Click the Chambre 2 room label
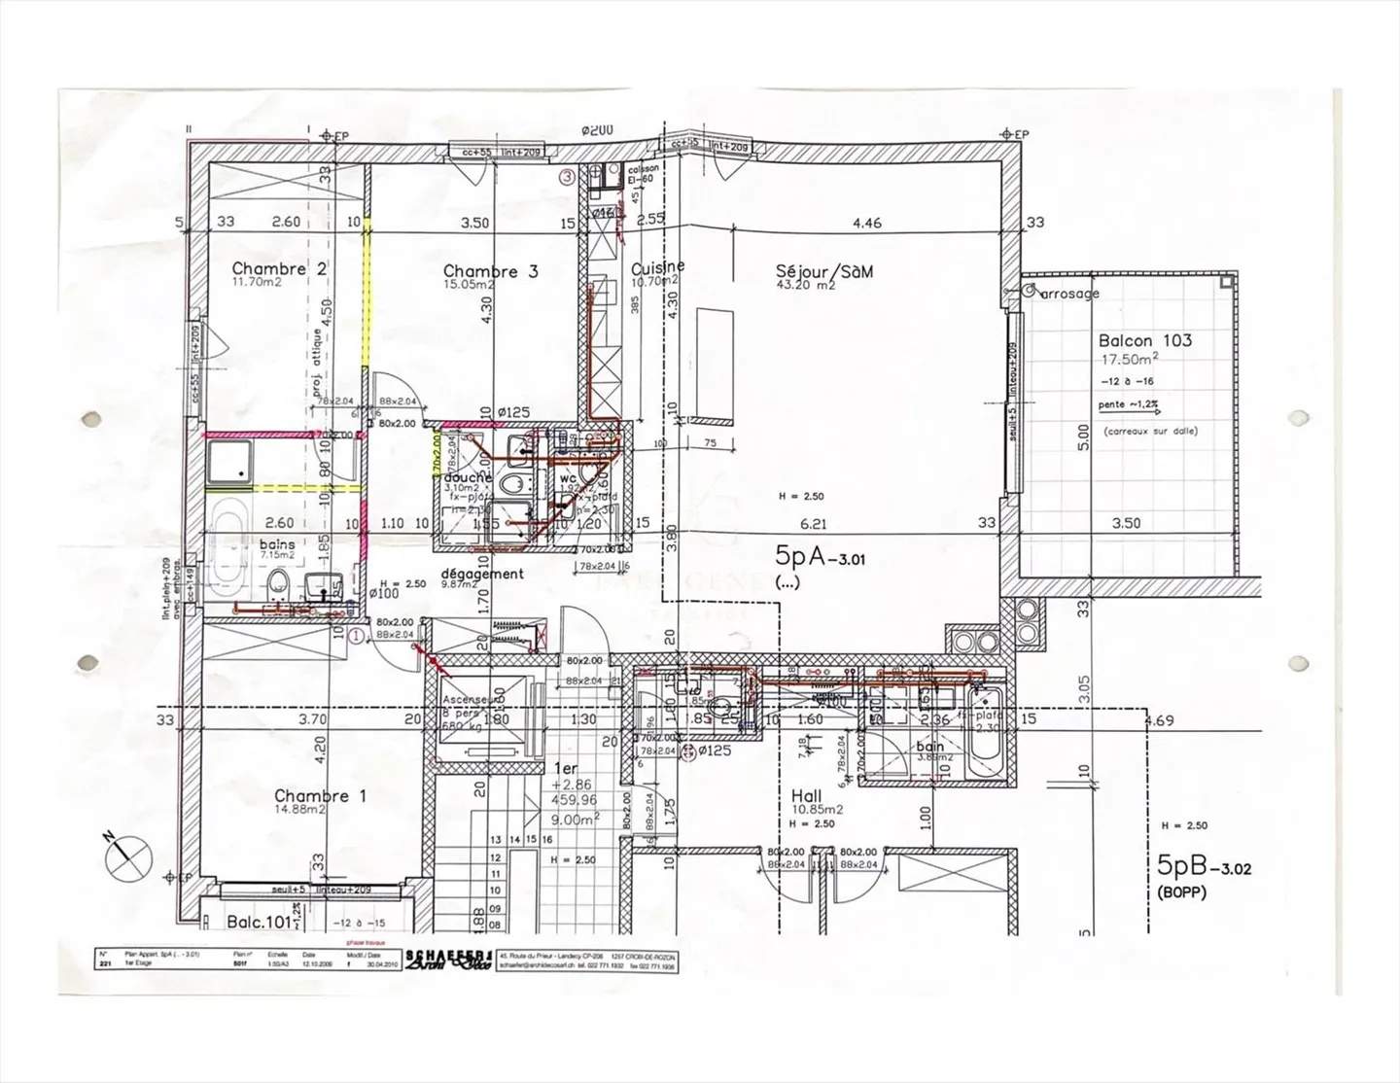[278, 268]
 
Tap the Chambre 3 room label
[490, 271]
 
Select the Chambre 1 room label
[320, 795]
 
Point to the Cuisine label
[657, 267]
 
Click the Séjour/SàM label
[824, 271]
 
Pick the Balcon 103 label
[1144, 340]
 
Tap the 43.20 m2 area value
[806, 287]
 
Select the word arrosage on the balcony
[1069, 293]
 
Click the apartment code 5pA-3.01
[820, 556]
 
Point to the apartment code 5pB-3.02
[1204, 866]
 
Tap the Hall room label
[805, 795]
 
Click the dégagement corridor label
[481, 573]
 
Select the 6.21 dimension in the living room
[813, 523]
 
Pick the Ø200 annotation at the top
[597, 130]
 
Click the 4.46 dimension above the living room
[866, 223]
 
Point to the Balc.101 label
[259, 921]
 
